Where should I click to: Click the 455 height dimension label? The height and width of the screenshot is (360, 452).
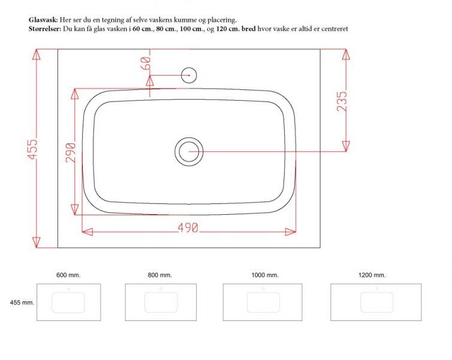point(32,150)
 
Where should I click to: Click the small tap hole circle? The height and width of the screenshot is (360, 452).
point(189,74)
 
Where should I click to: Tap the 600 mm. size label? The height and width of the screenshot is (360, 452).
point(68,275)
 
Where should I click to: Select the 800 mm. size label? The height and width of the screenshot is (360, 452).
point(159,275)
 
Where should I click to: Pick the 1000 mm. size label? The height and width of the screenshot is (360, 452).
point(264,275)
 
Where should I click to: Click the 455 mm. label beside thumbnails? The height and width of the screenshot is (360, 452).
point(20,302)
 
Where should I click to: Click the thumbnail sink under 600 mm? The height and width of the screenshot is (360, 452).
point(68,302)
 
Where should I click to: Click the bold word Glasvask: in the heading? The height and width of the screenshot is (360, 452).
point(44,20)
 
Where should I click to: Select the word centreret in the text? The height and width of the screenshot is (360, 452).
point(332,29)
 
